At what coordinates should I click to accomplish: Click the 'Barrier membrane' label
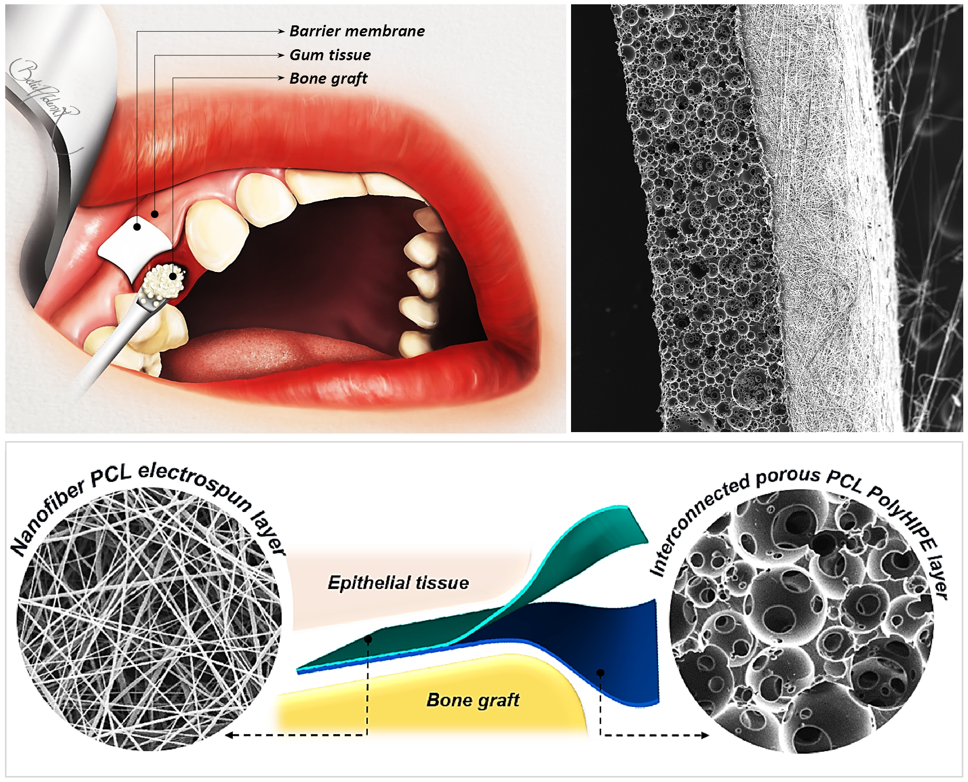[357, 31]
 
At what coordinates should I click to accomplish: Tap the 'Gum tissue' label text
[330, 55]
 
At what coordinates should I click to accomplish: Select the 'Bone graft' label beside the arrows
[329, 78]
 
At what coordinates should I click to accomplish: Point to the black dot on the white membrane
[137, 227]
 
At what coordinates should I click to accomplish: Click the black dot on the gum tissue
[154, 214]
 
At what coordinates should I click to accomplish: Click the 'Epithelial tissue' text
[398, 583]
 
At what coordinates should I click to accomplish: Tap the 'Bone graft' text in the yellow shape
[473, 700]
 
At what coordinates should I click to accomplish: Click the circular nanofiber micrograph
[149, 619]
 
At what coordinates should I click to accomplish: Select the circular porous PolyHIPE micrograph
[801, 621]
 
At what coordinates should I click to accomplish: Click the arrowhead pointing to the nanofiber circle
[229, 735]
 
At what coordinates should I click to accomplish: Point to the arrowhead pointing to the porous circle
[705, 735]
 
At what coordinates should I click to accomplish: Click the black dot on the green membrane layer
[368, 639]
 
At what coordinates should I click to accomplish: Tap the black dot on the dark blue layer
[601, 673]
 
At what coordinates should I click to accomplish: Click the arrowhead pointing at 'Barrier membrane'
[282, 32]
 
